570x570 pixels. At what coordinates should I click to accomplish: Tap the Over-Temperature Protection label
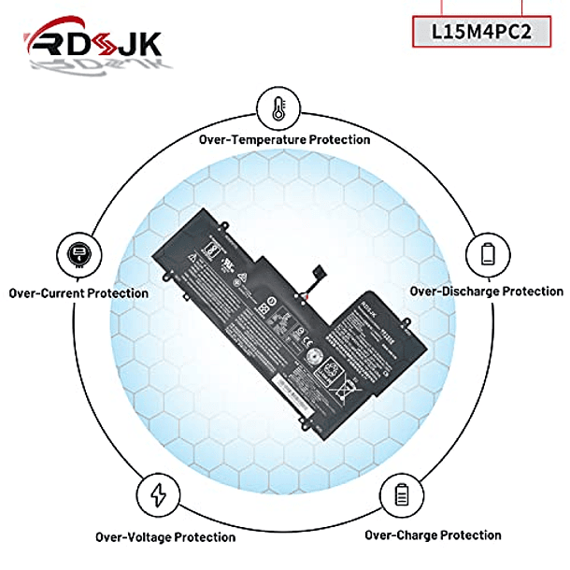click(284, 139)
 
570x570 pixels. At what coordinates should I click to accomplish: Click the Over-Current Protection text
click(78, 292)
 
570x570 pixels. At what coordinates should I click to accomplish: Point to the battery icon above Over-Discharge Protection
click(488, 253)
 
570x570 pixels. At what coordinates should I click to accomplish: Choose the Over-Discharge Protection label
click(486, 292)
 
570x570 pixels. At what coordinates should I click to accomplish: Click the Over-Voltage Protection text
click(165, 536)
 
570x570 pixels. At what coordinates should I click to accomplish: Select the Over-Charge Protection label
click(433, 534)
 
